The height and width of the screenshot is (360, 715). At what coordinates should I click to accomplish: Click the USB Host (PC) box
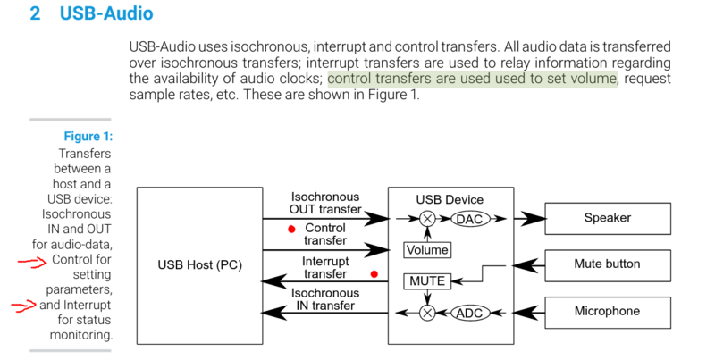click(x=198, y=265)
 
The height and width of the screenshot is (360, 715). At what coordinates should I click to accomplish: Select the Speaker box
click(x=606, y=218)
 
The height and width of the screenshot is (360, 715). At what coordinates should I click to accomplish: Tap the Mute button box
click(x=606, y=265)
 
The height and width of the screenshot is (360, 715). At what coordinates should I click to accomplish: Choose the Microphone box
click(x=606, y=312)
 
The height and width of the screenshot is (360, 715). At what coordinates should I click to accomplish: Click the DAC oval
click(x=469, y=219)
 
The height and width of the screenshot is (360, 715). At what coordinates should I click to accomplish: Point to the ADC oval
click(x=469, y=313)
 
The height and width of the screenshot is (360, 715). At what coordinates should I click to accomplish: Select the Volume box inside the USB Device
click(x=427, y=250)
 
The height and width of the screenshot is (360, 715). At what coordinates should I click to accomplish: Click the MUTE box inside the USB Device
click(x=426, y=281)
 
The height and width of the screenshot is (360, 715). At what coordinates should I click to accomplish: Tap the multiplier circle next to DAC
click(x=427, y=219)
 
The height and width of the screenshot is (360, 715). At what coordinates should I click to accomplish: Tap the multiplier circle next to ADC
click(x=427, y=313)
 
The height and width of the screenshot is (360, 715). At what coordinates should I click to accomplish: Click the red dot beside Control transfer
click(x=290, y=229)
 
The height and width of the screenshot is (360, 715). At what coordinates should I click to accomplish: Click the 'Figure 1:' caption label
click(x=88, y=137)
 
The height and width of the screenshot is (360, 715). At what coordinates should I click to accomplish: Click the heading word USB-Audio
click(x=105, y=15)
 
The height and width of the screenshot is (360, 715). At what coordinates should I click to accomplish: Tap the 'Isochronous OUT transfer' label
click(x=325, y=203)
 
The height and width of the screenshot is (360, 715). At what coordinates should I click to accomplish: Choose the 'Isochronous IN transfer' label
click(x=325, y=299)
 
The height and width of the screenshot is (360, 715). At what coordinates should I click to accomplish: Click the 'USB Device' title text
click(x=450, y=198)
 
